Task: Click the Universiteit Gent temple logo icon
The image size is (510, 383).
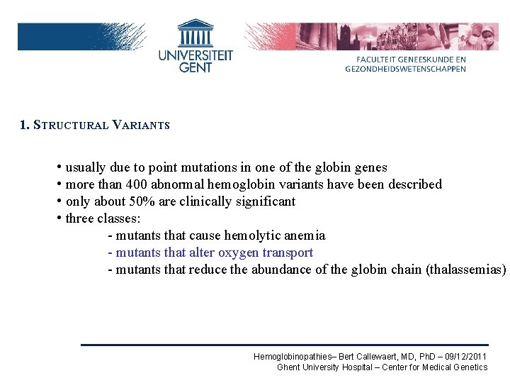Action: pyautogui.click(x=195, y=33)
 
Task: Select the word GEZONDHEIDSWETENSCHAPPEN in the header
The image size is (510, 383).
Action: pyautogui.click(x=406, y=69)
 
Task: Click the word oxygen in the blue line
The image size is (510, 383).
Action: pyautogui.click(x=239, y=252)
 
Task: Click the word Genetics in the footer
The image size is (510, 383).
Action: pyautogui.click(x=470, y=367)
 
